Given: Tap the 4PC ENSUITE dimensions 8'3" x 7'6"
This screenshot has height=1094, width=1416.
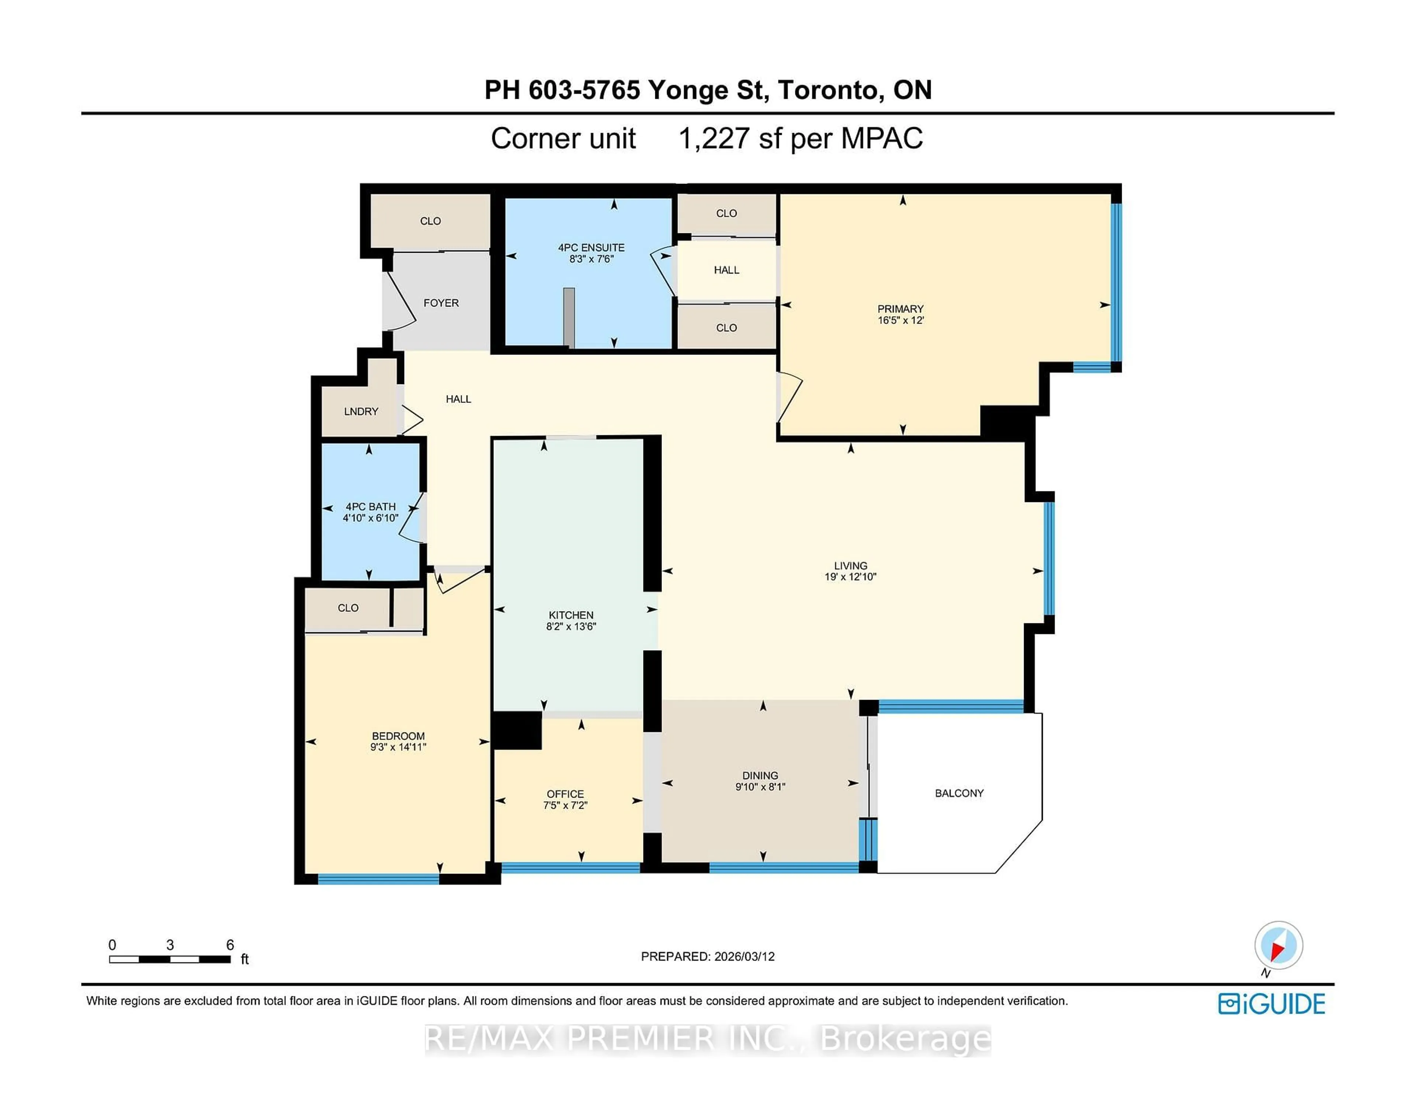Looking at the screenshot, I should pos(591,259).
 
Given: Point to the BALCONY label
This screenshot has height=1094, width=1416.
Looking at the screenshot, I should pos(959,792).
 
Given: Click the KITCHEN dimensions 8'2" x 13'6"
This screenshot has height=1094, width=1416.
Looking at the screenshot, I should pos(570,626).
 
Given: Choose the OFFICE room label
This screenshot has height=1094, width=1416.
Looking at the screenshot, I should pos(565,794).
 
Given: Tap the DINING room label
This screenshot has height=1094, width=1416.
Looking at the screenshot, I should pos(760,775).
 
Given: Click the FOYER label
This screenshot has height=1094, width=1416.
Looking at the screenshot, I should pos(441,303).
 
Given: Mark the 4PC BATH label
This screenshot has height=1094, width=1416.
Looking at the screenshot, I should pos(370,506).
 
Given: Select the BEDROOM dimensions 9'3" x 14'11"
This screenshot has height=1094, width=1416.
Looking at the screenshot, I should pos(398,747).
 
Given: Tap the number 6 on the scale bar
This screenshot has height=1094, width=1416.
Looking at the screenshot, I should pos(229,944).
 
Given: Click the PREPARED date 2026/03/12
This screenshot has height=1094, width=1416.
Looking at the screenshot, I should pos(744,956).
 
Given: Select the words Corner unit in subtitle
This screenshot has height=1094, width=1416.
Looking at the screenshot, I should pos(563,138).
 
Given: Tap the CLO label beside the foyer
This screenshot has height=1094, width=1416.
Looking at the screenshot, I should pos(430,221).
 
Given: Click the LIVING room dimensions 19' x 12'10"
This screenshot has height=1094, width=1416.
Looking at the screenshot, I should pos(850,576).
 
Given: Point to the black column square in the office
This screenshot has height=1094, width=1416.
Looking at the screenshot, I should pos(517,731).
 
